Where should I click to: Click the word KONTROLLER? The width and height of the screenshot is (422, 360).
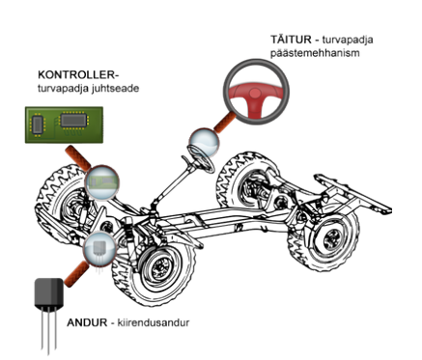(x=76, y=74)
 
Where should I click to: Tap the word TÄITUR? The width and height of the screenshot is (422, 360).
(x=291, y=40)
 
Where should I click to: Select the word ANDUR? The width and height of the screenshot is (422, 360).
(x=87, y=322)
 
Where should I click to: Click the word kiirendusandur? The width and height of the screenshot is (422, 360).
(x=154, y=322)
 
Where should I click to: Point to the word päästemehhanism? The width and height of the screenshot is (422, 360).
(x=315, y=53)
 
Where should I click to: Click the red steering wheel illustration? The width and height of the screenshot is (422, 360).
(x=256, y=92)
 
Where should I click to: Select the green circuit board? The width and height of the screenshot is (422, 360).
(x=64, y=125)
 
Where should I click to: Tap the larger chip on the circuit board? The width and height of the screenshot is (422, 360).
(x=73, y=120)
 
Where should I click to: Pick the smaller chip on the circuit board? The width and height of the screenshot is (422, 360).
(x=38, y=125)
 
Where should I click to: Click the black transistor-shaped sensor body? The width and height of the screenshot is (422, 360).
(x=49, y=292)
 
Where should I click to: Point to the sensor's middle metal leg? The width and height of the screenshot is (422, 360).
(x=48, y=330)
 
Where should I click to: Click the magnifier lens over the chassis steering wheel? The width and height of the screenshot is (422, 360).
(x=204, y=143)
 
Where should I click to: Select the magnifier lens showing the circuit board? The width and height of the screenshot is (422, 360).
(x=102, y=181)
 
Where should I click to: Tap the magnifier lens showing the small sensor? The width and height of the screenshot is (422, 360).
(x=99, y=248)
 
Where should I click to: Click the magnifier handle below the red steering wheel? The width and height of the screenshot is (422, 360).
(x=225, y=124)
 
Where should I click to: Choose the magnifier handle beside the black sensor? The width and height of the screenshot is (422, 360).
(x=76, y=274)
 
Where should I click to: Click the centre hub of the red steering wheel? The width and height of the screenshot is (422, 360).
(x=255, y=94)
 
